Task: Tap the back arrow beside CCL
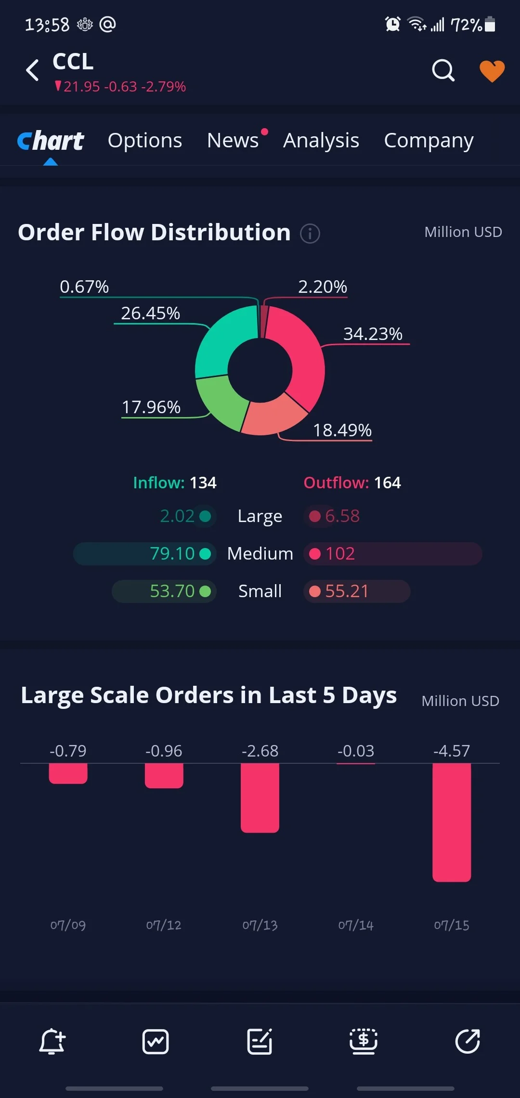32,70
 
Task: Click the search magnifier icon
443,70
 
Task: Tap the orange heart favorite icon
492,71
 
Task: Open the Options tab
145,141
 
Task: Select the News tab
233,141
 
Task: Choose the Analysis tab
321,141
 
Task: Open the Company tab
429,141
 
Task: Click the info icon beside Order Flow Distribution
310,234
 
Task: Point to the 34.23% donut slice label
373,334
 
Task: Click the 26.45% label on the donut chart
150,313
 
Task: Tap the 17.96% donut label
151,407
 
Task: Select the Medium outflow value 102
340,554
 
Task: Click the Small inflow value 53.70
172,591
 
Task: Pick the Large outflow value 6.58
342,516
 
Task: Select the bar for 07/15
452,823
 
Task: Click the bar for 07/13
260,798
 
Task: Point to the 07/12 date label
164,925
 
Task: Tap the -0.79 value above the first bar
68,751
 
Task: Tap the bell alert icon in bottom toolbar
52,1041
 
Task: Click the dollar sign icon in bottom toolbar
364,1041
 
